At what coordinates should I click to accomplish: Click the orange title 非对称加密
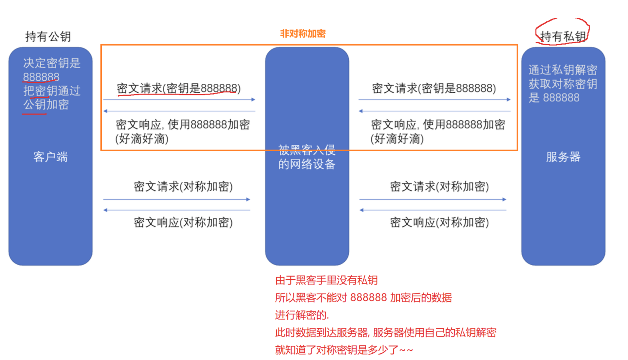click(302, 34)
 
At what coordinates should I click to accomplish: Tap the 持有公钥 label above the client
click(48, 36)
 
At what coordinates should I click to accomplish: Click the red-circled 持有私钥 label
click(563, 36)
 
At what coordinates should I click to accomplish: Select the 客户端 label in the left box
click(50, 157)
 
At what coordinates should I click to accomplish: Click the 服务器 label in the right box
click(563, 157)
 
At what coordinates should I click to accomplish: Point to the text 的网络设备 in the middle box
click(307, 164)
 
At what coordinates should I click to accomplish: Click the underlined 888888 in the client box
click(41, 77)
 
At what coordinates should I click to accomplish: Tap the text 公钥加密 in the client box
click(46, 105)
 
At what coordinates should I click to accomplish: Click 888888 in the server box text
click(561, 98)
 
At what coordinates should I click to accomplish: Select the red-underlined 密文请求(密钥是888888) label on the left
click(178, 88)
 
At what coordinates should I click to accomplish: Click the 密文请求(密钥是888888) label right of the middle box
click(434, 88)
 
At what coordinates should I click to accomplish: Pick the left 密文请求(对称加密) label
click(183, 187)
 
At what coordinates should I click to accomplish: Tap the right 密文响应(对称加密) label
click(439, 222)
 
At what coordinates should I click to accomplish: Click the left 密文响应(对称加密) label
click(183, 222)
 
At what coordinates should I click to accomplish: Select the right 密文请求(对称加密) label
click(439, 187)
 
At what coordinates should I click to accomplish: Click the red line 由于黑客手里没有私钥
click(326, 280)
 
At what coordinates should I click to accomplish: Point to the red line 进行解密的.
click(302, 315)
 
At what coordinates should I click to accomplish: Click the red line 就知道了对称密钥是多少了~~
click(344, 350)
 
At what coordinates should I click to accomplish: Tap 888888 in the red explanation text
click(368, 298)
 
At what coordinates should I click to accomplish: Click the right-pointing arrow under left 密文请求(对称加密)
click(177, 199)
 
